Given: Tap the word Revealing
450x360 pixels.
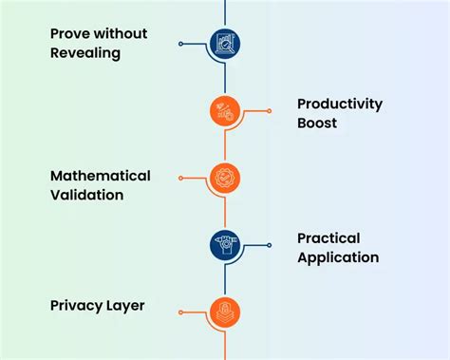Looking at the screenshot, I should [x=86, y=53].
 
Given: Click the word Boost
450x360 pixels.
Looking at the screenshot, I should [x=317, y=123].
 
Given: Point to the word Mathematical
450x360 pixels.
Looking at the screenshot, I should [x=100, y=176].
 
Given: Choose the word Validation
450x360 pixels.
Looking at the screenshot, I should [x=87, y=195].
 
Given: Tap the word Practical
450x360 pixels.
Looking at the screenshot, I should [x=328, y=238].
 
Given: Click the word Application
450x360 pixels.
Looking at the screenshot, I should [x=338, y=257].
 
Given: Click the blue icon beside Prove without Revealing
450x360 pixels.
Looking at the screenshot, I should [x=225, y=43].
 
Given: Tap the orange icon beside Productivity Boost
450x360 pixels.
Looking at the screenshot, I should [x=225, y=111].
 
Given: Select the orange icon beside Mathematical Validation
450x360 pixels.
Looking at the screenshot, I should [x=225, y=178].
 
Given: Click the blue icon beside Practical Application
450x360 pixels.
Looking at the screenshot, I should [x=225, y=245].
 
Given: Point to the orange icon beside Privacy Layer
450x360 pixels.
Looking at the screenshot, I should [x=225, y=312].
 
